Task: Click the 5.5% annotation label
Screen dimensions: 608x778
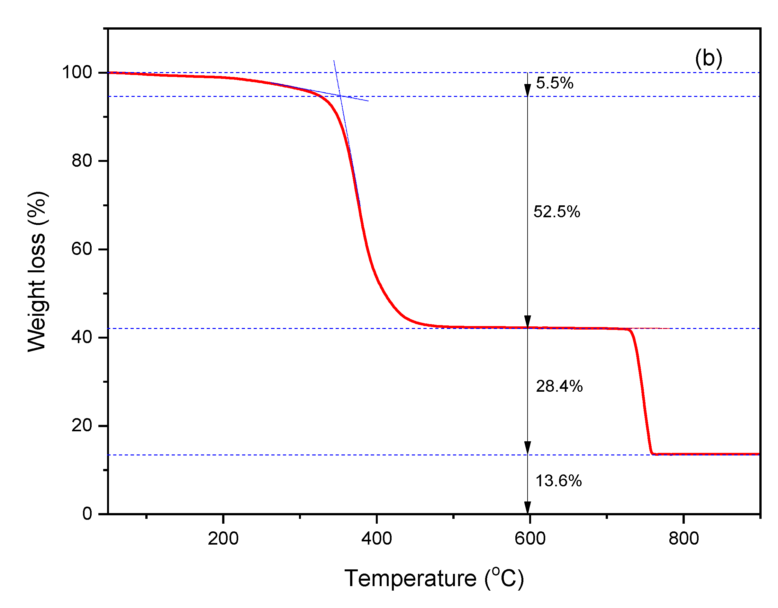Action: [554, 83]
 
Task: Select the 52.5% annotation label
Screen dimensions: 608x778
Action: [556, 212]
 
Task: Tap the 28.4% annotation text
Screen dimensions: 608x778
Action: [559, 386]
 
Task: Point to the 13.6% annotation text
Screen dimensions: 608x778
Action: [558, 481]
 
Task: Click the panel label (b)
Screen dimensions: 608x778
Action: [708, 58]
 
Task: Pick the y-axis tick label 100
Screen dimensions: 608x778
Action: [77, 72]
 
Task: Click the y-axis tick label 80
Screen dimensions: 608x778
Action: [82, 161]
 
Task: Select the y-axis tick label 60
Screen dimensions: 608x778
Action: [82, 249]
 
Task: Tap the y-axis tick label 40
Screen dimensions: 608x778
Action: [82, 337]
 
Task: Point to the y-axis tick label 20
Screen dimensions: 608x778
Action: [82, 426]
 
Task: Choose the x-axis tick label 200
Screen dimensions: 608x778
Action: [223, 538]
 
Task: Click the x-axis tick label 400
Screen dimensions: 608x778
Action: [376, 538]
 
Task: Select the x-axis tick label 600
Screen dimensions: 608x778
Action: [530, 538]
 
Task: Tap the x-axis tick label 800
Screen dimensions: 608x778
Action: [683, 538]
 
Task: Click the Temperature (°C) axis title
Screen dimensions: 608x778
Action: [434, 578]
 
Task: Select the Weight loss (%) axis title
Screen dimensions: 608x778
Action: [37, 271]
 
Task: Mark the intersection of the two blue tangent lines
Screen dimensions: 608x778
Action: [340, 96]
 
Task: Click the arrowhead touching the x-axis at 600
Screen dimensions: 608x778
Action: [528, 509]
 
